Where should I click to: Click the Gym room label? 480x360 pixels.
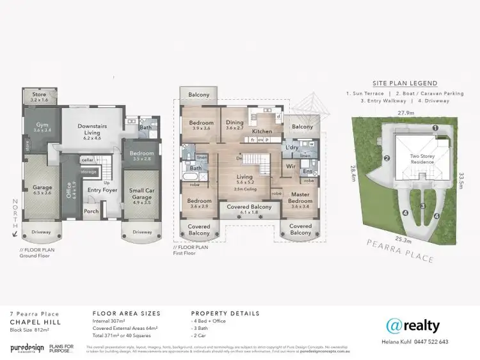tap(42, 126)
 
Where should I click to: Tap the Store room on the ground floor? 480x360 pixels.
tap(40, 97)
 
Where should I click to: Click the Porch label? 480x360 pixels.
tap(91, 211)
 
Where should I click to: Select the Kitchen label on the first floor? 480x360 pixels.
tap(262, 132)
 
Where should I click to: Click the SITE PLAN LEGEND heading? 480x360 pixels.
tap(405, 84)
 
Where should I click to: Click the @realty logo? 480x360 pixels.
tap(413, 326)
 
